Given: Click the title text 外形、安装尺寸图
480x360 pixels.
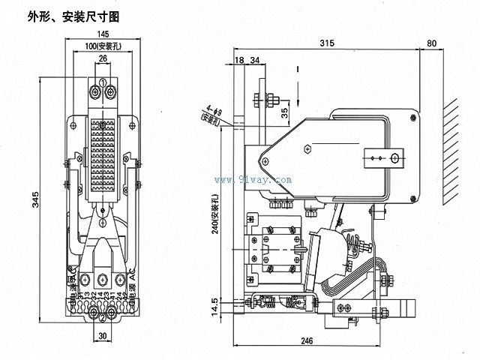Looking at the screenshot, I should [73, 15].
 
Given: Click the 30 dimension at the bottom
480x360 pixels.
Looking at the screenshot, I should [103, 336].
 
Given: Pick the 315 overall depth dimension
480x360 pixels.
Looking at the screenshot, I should [326, 43].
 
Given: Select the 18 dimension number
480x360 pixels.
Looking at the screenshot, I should [239, 60].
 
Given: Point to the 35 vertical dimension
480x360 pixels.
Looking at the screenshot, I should [284, 113].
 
